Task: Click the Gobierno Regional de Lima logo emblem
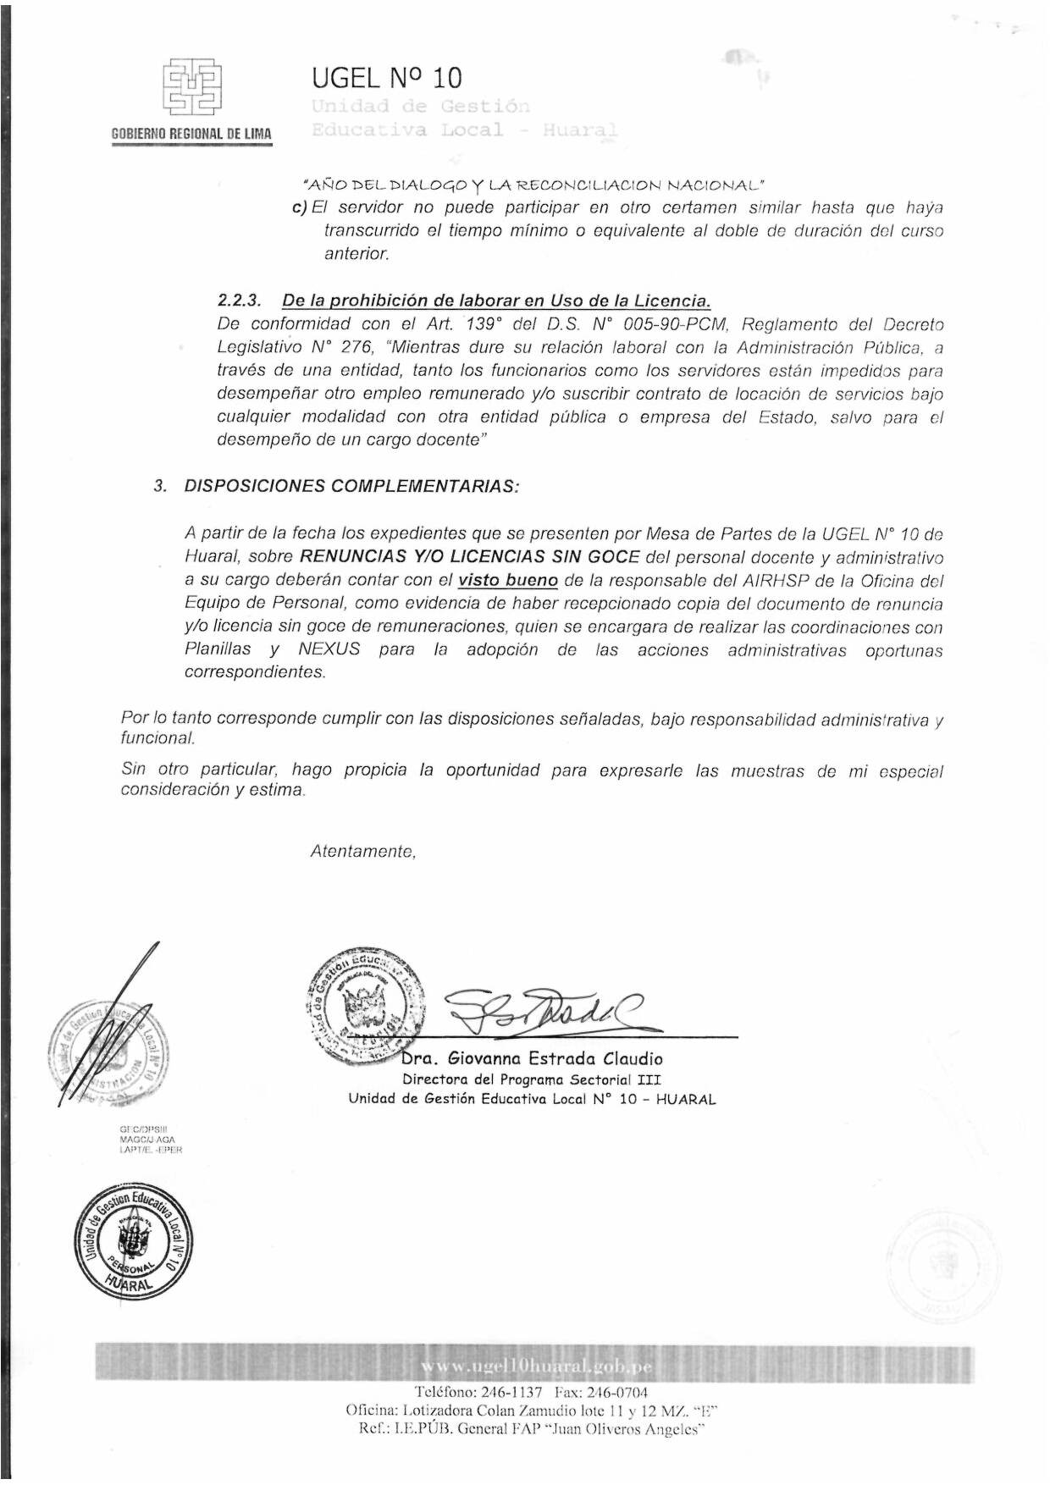tap(192, 86)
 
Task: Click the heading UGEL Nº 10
tap(386, 78)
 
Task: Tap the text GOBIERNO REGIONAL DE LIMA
tap(191, 134)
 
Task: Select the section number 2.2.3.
tap(239, 301)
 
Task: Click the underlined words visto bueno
tap(507, 581)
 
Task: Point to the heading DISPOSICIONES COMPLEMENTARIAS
tap(351, 486)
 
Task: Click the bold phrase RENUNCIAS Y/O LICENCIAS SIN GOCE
tap(469, 557)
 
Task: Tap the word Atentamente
tap(363, 852)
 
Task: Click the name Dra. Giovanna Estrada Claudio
tap(532, 1058)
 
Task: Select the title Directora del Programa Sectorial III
tap(532, 1079)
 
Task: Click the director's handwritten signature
tap(542, 1009)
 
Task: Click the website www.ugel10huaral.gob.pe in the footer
tap(536, 1367)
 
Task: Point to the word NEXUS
tap(329, 649)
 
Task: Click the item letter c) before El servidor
tap(298, 207)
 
